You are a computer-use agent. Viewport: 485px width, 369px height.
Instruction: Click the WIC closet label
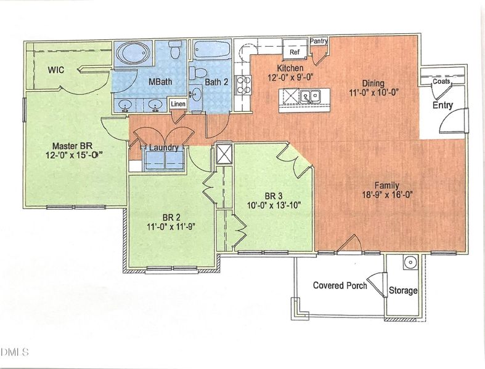point(57,69)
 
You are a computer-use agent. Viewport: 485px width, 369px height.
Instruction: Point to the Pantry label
point(319,41)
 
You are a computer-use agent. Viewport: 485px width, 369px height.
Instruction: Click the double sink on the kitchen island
point(309,96)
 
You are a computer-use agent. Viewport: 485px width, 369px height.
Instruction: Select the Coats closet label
point(441,81)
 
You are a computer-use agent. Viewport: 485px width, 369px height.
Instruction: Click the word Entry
point(442,105)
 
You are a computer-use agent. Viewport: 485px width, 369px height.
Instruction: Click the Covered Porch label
point(340,285)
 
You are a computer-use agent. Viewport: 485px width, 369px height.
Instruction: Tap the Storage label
point(403,290)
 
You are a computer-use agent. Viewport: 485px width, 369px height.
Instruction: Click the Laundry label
point(163,148)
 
